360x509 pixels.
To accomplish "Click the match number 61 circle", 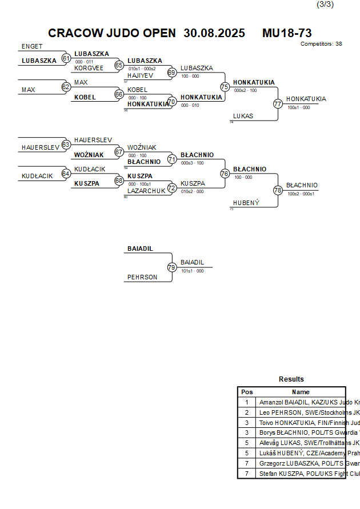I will pyautogui.click(x=66, y=58).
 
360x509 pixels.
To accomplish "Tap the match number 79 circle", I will pyautogui.click(x=172, y=267).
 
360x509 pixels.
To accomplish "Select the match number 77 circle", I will pyautogui.click(x=278, y=104).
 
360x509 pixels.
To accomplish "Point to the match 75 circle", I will pyautogui.click(x=225, y=87).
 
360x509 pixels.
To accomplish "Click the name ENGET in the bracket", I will pyautogui.click(x=32, y=46).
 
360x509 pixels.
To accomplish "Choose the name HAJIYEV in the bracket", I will pyautogui.click(x=140, y=75).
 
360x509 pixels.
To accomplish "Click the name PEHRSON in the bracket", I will pyautogui.click(x=142, y=277).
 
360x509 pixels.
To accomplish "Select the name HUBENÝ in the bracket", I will pyautogui.click(x=246, y=203).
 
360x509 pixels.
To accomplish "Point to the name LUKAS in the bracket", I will pyautogui.click(x=243, y=116).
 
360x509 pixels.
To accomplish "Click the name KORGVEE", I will pyautogui.click(x=89, y=67).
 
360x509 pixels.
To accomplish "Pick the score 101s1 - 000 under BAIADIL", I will pyautogui.click(x=192, y=271).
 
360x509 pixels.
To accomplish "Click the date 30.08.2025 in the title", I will pyautogui.click(x=214, y=33).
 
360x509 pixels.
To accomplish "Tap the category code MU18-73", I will pyautogui.click(x=287, y=33).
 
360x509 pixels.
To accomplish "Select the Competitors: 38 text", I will pyautogui.click(x=321, y=44).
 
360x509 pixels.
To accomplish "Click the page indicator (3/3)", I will pyautogui.click(x=325, y=5).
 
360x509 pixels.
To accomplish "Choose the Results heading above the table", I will pyautogui.click(x=291, y=379).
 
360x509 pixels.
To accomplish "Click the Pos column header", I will pyautogui.click(x=247, y=392).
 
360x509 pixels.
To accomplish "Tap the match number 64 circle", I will pyautogui.click(x=66, y=174).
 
